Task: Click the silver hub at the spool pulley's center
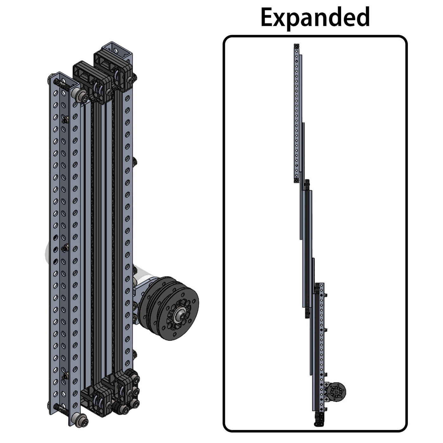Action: point(180,315)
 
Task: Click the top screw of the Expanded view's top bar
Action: point(296,47)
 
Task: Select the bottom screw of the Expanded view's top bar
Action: point(296,180)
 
